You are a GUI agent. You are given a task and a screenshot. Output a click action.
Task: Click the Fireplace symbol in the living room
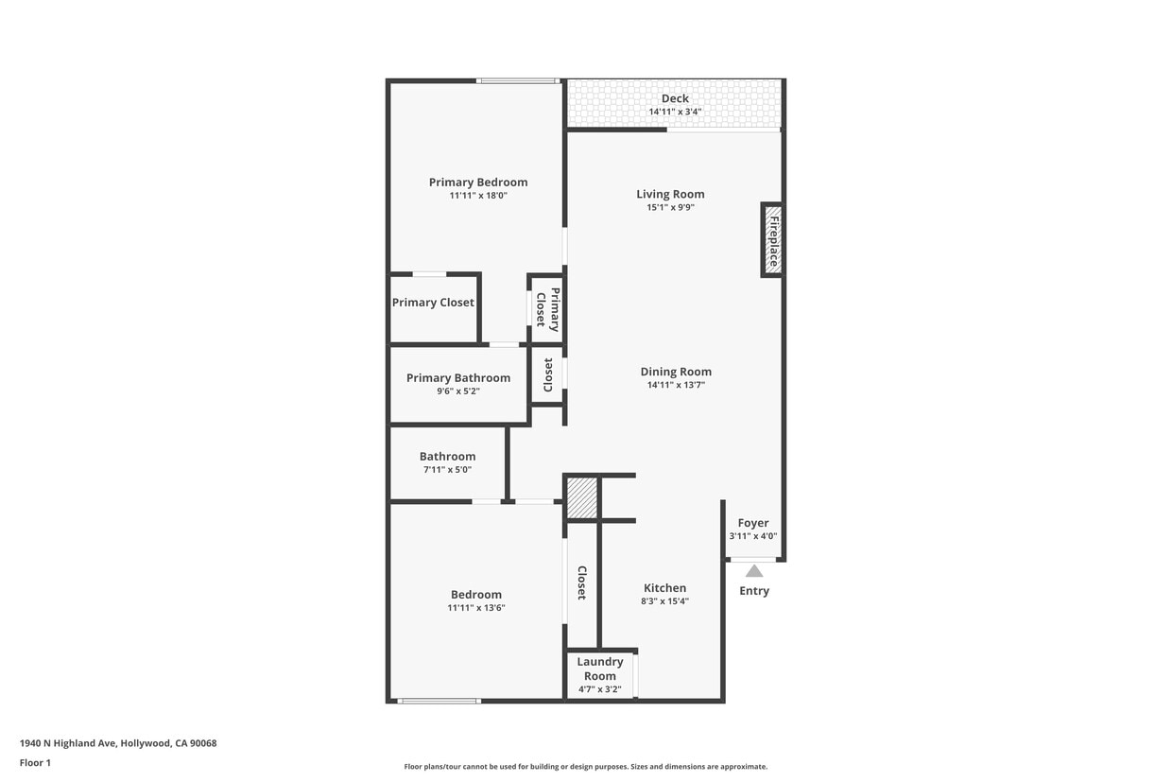click(772, 240)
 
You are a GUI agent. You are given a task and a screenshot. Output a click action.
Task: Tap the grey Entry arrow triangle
click(754, 571)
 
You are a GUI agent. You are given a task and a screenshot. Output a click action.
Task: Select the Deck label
click(675, 98)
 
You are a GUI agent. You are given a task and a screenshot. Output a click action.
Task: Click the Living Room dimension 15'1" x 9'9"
click(670, 207)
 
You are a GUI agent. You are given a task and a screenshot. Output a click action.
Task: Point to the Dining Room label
click(676, 372)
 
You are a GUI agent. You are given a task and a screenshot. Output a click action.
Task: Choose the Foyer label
click(753, 523)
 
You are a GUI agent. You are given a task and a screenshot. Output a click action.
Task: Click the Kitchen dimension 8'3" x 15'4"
click(664, 600)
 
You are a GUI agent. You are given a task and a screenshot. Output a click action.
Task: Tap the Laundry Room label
click(600, 669)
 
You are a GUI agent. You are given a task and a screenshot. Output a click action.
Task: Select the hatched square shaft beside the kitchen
click(582, 498)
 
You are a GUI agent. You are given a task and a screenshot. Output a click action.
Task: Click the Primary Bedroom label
click(478, 182)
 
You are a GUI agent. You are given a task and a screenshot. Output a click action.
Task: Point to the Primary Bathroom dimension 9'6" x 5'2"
click(458, 391)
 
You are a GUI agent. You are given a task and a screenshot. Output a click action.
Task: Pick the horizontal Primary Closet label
click(433, 303)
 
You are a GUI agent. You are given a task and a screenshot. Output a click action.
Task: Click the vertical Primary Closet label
click(548, 308)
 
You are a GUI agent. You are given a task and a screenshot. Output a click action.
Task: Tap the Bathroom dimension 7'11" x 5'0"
click(447, 469)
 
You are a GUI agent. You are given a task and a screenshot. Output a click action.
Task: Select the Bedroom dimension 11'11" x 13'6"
click(476, 608)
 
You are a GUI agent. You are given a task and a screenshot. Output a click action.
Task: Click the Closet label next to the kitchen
click(582, 582)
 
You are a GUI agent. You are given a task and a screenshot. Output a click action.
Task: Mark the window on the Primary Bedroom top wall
click(516, 80)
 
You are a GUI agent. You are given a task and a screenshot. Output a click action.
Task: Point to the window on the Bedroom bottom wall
click(439, 701)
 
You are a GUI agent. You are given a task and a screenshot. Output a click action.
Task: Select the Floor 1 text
click(35, 762)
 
